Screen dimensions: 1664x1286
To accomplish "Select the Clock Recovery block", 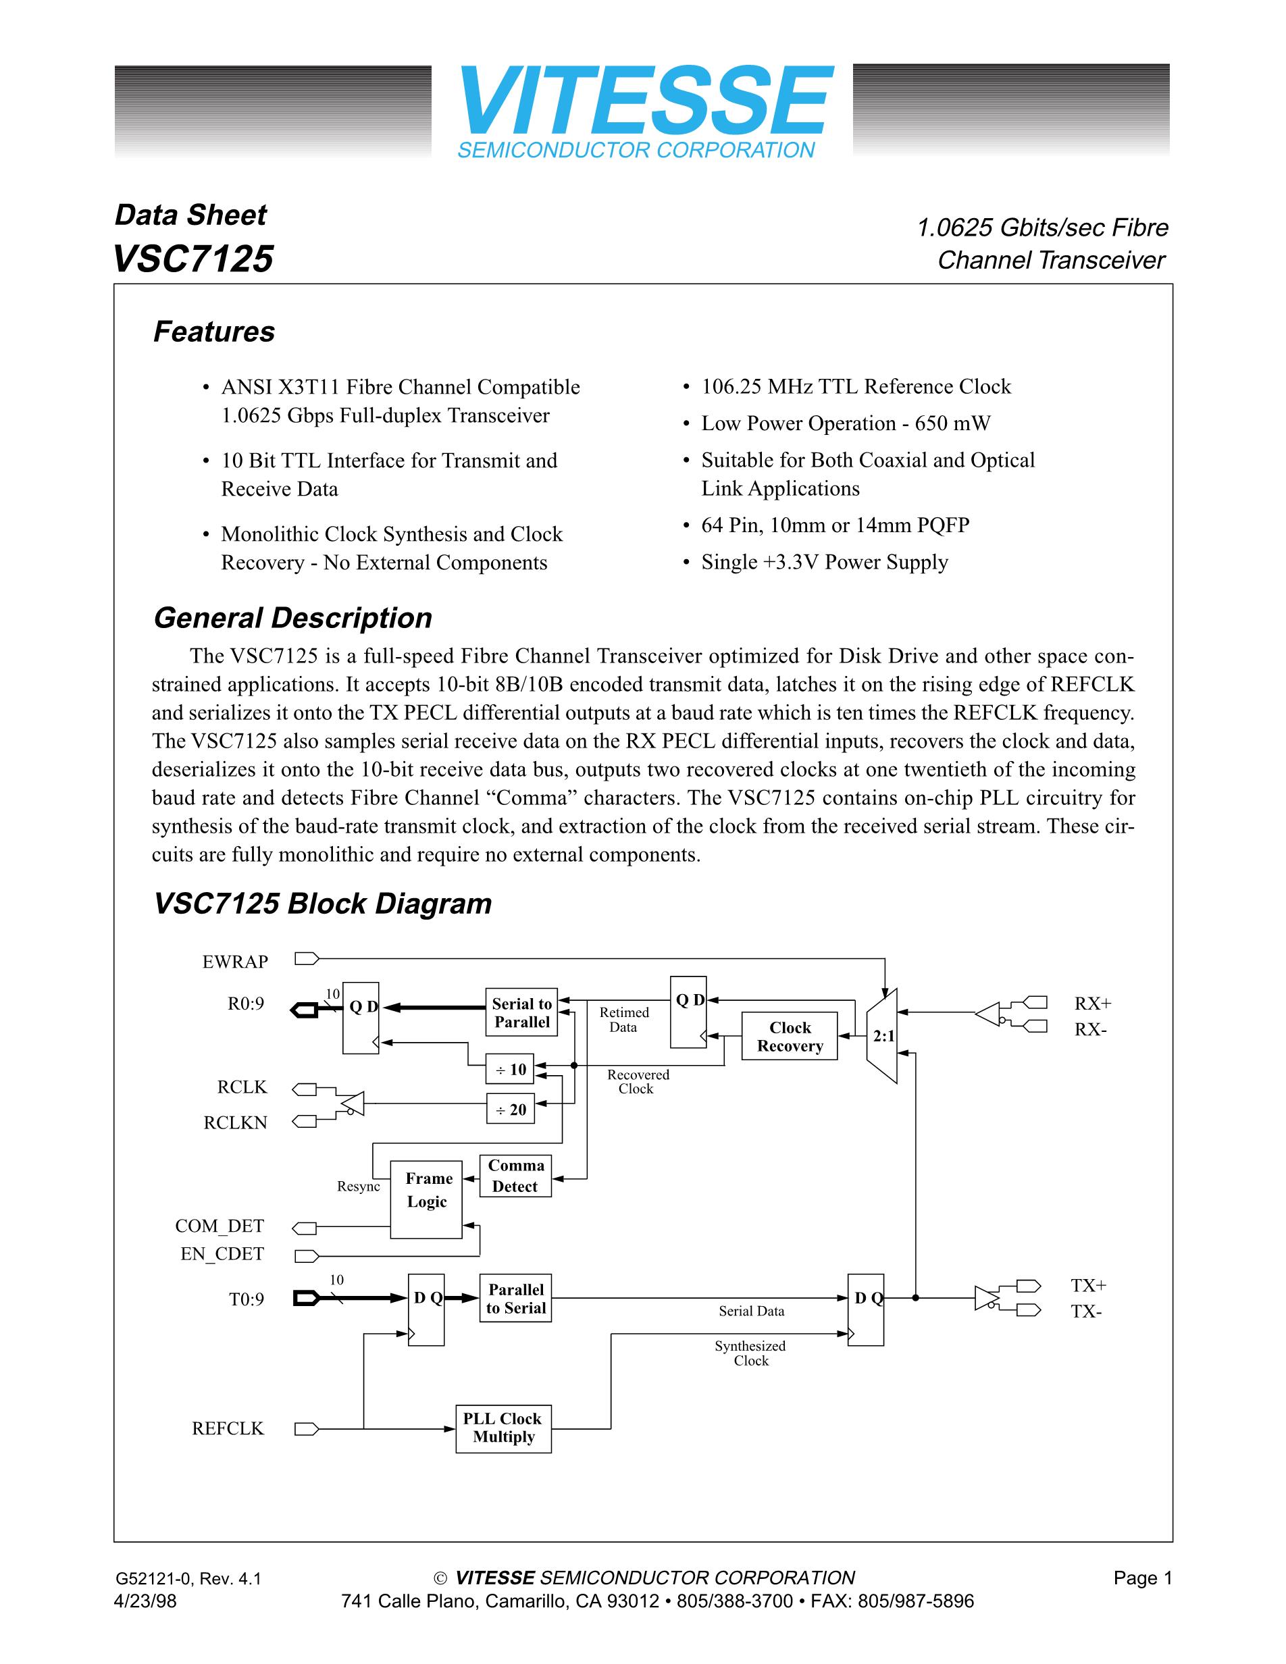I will coord(790,1036).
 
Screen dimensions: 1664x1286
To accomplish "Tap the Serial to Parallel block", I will coord(521,1012).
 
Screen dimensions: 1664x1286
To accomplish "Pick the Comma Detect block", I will coord(515,1176).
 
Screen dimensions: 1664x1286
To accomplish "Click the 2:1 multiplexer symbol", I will coord(883,1036).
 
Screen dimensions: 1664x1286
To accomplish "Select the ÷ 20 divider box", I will coord(511,1110).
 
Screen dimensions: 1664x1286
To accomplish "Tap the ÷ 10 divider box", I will coord(511,1069).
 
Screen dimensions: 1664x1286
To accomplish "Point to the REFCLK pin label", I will coord(228,1428).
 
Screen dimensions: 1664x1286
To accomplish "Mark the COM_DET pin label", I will coord(220,1226).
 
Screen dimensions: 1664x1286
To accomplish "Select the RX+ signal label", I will coord(1092,1003).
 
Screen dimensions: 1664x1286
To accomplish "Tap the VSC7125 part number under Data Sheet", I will coord(192,258).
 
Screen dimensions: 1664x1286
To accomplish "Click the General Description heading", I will coord(292,618).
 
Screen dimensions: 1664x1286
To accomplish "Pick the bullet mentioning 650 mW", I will coord(846,423).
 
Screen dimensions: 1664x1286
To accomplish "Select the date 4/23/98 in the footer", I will coord(145,1601).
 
